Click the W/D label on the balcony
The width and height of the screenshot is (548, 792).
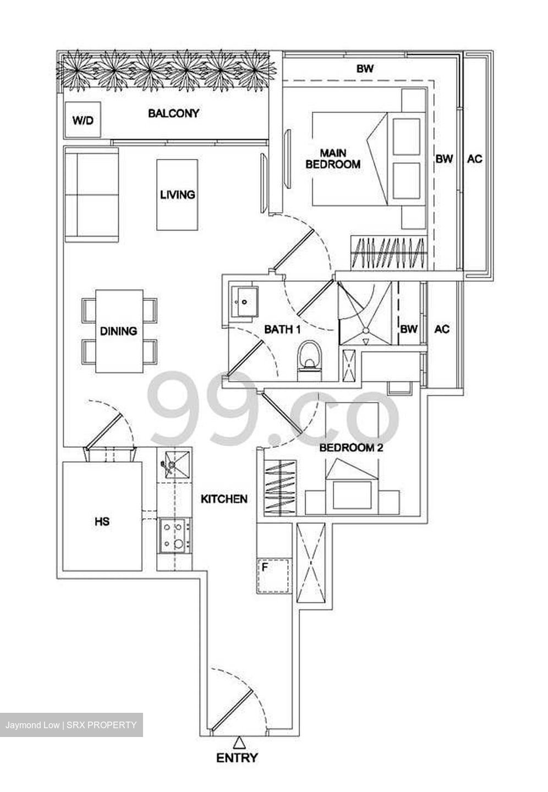[x=83, y=120]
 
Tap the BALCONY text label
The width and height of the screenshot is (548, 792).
[x=173, y=114]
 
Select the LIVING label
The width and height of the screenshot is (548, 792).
[x=177, y=195]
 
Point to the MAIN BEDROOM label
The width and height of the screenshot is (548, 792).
[x=333, y=158]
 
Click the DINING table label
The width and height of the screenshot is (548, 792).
[x=118, y=331]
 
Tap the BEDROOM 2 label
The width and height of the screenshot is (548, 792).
[x=351, y=448]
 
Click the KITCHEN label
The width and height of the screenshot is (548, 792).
[x=224, y=499]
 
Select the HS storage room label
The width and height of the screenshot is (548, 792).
[x=102, y=521]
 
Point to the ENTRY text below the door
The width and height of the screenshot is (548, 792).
[x=237, y=758]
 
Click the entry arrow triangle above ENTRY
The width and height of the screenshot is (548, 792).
[x=239, y=742]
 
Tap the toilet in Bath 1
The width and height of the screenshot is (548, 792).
[x=310, y=360]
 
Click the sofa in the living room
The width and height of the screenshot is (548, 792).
[x=91, y=194]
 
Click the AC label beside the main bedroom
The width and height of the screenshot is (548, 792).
[x=474, y=159]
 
